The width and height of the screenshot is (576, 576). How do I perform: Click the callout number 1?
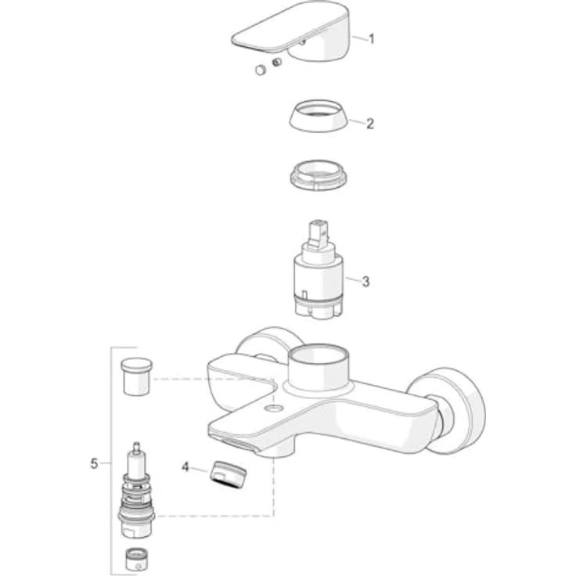tap(372, 38)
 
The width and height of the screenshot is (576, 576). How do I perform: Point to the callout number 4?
tap(185, 466)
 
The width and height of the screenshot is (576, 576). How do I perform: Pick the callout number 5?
tap(94, 463)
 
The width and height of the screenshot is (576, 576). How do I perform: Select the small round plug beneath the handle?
tap(260, 70)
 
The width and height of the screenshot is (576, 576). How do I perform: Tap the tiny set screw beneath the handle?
tap(276, 62)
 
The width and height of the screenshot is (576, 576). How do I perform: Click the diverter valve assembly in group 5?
tap(139, 493)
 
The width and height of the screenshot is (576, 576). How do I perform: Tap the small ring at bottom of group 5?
tap(137, 560)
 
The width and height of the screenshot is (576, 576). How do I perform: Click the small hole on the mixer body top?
tap(272, 408)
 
